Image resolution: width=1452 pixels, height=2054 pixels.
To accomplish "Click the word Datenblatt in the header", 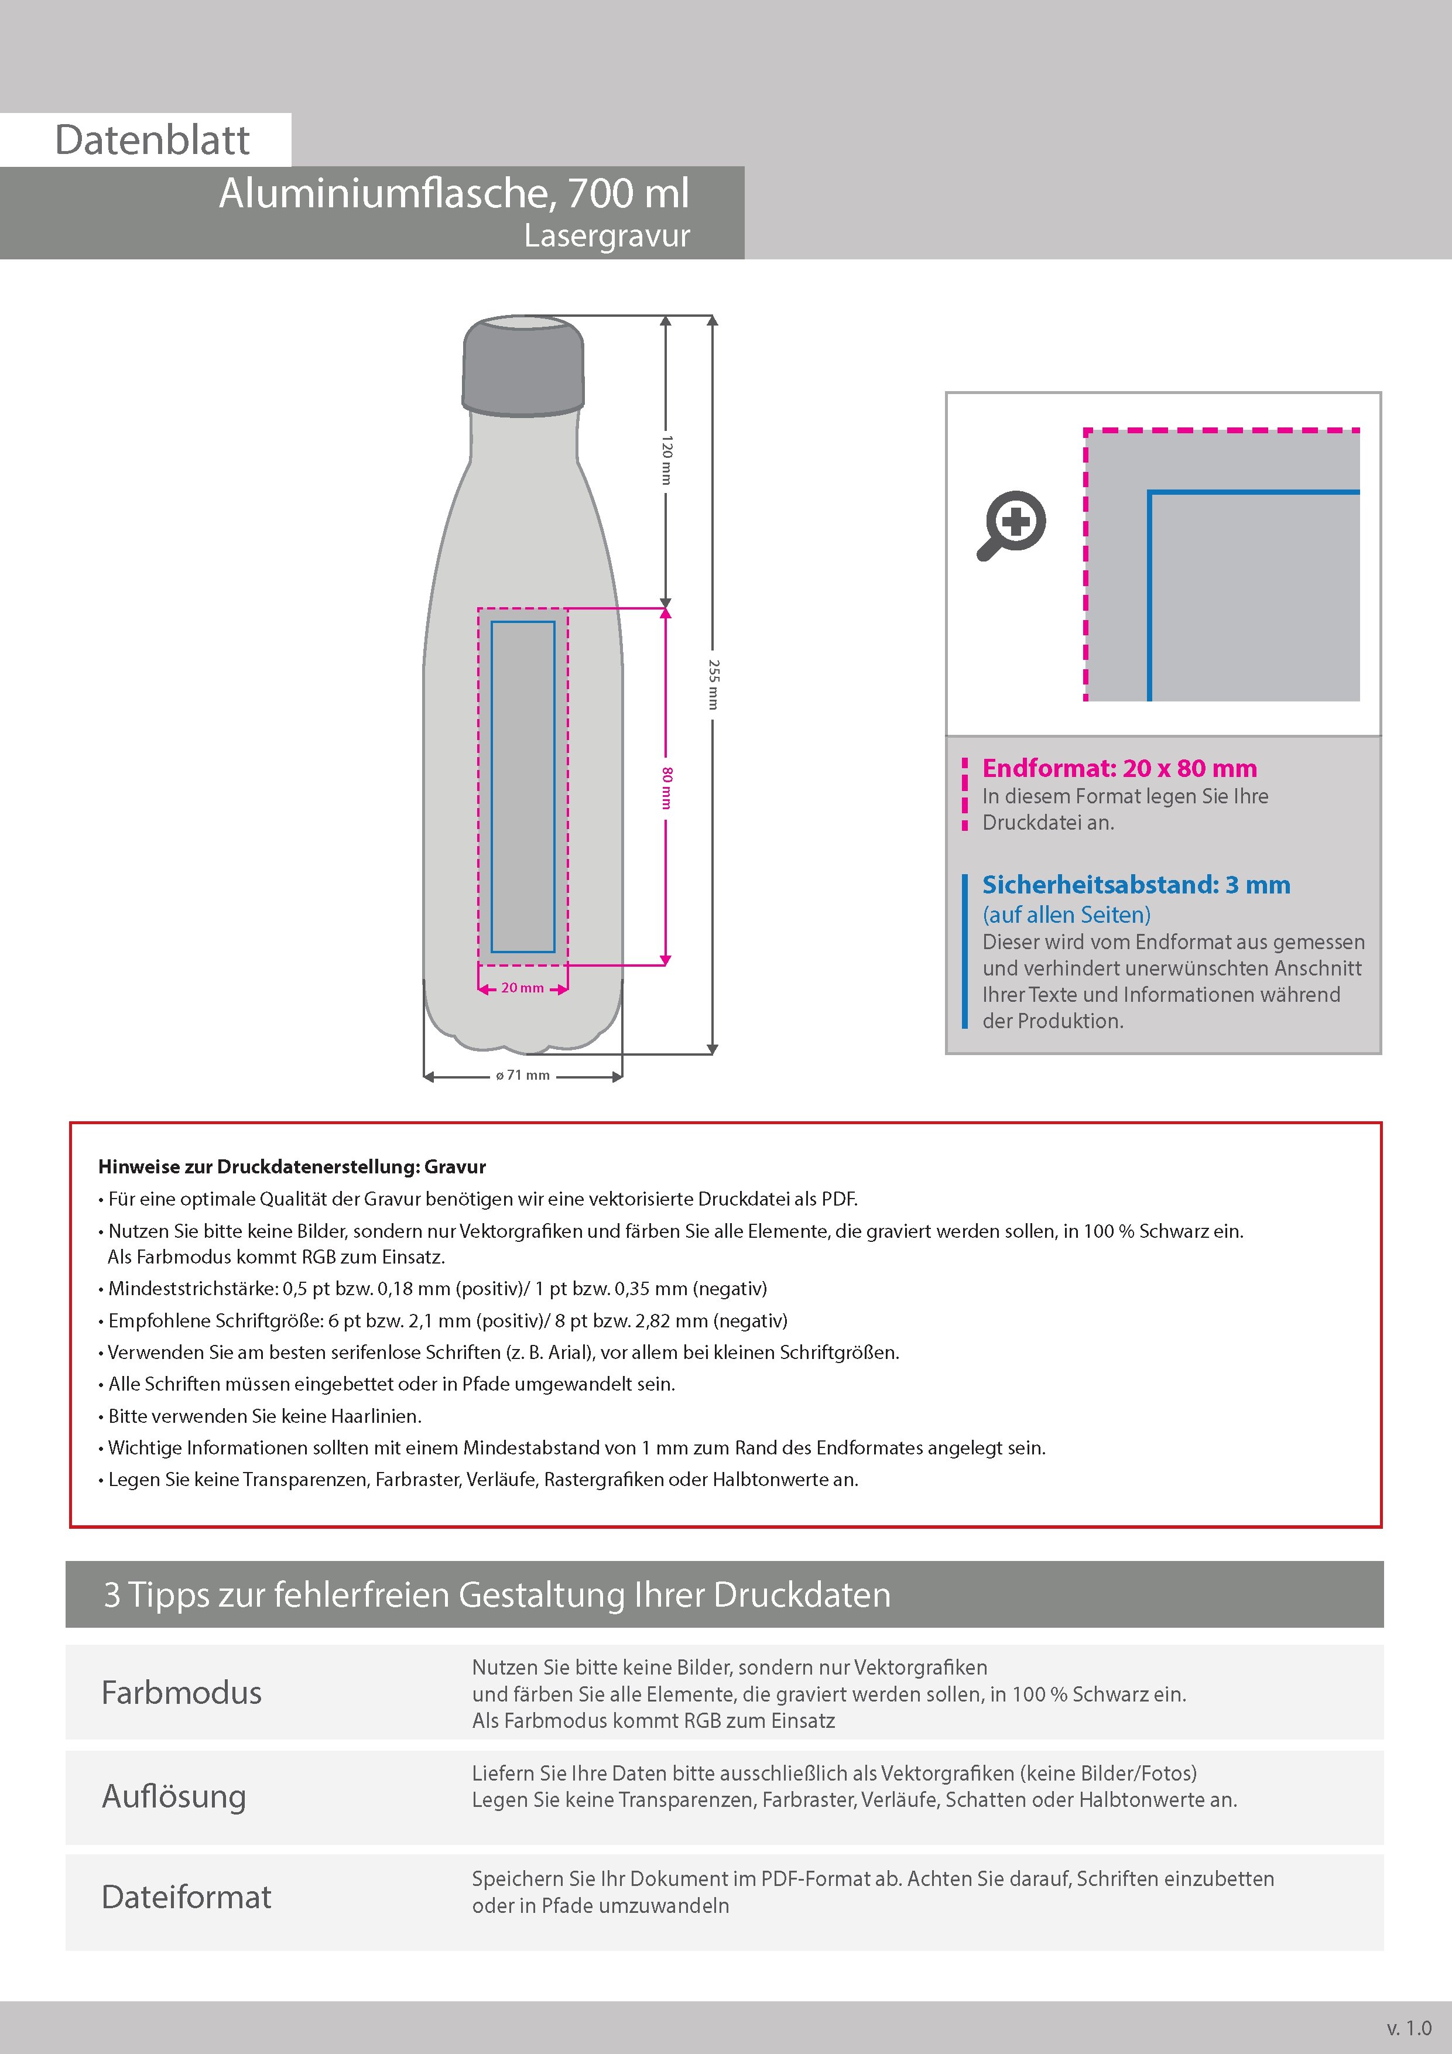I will pyautogui.click(x=152, y=141).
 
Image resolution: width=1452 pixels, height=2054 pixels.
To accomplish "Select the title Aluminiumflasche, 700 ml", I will pyautogui.click(x=454, y=193).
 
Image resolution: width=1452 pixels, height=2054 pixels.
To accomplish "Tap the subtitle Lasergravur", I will pyautogui.click(x=607, y=236).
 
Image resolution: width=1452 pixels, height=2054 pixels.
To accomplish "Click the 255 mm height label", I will pyautogui.click(x=713, y=684).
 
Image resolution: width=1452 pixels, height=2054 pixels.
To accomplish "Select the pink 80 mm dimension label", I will pyautogui.click(x=666, y=788).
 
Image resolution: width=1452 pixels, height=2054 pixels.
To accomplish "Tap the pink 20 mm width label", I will pyautogui.click(x=522, y=988).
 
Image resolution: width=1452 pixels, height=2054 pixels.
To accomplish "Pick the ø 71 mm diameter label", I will pyautogui.click(x=522, y=1076).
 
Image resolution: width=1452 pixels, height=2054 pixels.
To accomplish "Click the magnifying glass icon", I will pyautogui.click(x=1012, y=524).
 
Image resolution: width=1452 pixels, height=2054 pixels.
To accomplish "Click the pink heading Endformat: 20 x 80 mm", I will pyautogui.click(x=1119, y=768).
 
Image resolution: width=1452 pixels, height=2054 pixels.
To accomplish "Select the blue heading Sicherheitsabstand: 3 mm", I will pyautogui.click(x=1136, y=885).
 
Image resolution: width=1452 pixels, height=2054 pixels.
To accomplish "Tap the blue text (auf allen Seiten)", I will pyautogui.click(x=1066, y=914).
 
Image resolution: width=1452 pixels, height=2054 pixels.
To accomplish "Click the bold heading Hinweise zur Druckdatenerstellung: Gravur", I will pyautogui.click(x=292, y=1166).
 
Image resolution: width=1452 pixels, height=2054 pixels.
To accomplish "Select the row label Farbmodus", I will pyautogui.click(x=181, y=1693).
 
